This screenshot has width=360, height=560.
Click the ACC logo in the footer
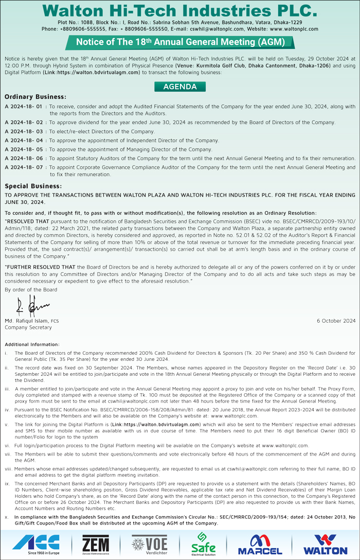(37, 543)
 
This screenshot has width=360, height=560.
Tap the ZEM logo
(96, 543)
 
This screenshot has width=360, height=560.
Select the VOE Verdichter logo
(149, 543)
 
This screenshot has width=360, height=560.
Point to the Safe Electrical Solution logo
(203, 543)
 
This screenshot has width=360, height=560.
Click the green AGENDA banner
(180, 87)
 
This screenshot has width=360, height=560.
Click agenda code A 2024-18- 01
(25, 107)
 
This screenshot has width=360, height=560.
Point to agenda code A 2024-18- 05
(25, 149)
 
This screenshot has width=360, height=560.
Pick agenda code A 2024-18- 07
(25, 167)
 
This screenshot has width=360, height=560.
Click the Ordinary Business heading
(35, 97)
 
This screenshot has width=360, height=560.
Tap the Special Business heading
(33, 186)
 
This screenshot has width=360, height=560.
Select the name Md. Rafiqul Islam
(27, 321)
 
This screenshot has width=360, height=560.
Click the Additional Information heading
(32, 344)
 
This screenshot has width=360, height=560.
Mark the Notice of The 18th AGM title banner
(180, 42)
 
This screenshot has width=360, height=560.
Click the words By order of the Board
(31, 290)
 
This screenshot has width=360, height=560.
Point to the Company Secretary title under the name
(28, 327)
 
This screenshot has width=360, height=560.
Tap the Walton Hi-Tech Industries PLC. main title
(180, 10)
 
